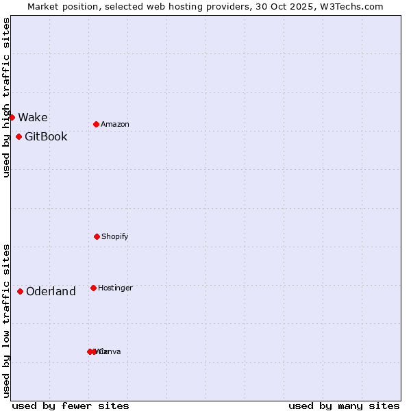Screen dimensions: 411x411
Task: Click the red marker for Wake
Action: [12, 117]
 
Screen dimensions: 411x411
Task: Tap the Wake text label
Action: [33, 117]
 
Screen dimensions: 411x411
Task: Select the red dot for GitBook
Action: [18, 136]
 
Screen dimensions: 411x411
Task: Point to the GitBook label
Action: [46, 136]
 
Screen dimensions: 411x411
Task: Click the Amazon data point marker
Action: [96, 124]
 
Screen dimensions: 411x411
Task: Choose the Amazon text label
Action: [114, 124]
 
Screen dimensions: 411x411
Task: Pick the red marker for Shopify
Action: [97, 236]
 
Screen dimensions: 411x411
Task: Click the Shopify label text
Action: [114, 236]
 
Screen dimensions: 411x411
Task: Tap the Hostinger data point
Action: [93, 288]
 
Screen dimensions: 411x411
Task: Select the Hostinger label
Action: [115, 288]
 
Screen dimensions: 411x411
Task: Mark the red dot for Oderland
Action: [20, 291]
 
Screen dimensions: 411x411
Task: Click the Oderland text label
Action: [51, 291]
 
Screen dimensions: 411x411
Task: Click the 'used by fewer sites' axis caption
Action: [71, 406]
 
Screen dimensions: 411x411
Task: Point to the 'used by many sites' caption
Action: [344, 406]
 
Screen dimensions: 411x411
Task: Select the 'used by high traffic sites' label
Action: [6, 97]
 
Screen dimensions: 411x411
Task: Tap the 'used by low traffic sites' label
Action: [6, 321]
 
